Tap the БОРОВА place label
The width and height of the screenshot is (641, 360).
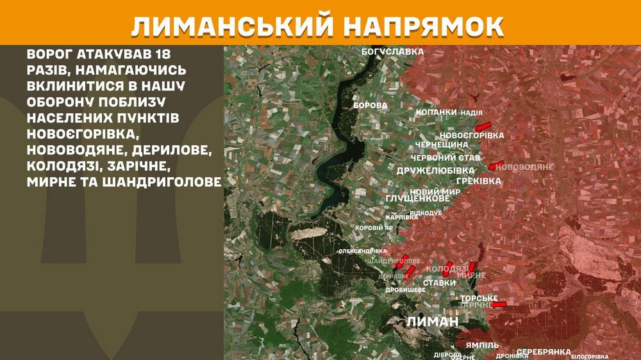(x=370, y=105)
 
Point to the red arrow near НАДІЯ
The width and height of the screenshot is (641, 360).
(x=482, y=124)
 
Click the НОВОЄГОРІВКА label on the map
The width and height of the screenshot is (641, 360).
(x=472, y=136)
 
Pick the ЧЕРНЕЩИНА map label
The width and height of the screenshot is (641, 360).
(x=442, y=145)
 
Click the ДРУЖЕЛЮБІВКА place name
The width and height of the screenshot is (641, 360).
(x=435, y=170)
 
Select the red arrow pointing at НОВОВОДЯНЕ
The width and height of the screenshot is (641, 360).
(x=495, y=165)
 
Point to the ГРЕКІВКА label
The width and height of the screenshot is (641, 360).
(x=479, y=181)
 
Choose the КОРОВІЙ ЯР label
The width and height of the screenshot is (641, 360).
(x=374, y=228)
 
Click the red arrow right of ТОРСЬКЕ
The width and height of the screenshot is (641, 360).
(x=498, y=304)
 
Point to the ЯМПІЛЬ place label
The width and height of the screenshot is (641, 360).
(x=482, y=345)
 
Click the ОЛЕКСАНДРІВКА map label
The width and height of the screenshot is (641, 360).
(x=362, y=250)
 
